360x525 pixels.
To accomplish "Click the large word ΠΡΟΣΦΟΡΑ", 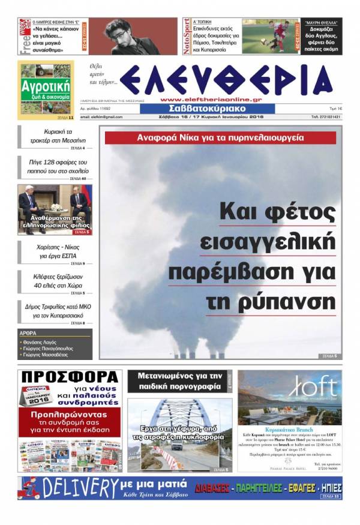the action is (x=69, y=377).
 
